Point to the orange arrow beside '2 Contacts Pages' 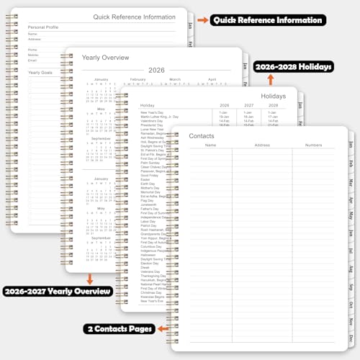(x=163, y=329)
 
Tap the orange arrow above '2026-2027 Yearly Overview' (x=90, y=277)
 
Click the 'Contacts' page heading (x=201, y=136)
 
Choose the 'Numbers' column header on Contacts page (x=313, y=145)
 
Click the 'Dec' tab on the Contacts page (x=351, y=337)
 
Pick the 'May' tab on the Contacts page (x=351, y=215)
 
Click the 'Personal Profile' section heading (x=43, y=27)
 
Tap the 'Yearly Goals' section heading (x=41, y=72)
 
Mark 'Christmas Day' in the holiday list (x=152, y=292)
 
